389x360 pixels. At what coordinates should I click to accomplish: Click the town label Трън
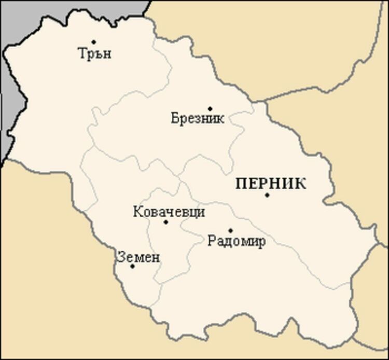pyautogui.click(x=94, y=53)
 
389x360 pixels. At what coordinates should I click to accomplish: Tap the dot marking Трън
pyautogui.click(x=94, y=41)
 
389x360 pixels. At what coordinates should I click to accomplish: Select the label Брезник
pyautogui.click(x=198, y=119)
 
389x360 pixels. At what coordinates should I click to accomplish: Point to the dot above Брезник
pyautogui.click(x=210, y=108)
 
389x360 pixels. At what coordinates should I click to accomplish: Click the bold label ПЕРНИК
pyautogui.click(x=270, y=184)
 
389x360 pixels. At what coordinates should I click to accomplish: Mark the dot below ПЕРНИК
pyautogui.click(x=267, y=195)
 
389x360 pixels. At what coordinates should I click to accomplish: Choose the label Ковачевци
pyautogui.click(x=169, y=212)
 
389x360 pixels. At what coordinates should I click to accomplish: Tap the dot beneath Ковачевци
pyautogui.click(x=166, y=222)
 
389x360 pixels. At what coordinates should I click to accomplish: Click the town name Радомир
pyautogui.click(x=236, y=241)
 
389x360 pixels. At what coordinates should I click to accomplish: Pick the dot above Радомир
pyautogui.click(x=230, y=230)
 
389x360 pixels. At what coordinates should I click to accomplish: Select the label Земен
pyautogui.click(x=138, y=257)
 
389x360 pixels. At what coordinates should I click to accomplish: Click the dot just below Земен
pyautogui.click(x=132, y=266)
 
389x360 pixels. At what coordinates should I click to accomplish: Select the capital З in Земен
pyautogui.click(x=121, y=257)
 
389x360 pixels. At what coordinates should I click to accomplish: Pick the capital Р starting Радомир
pyautogui.click(x=211, y=241)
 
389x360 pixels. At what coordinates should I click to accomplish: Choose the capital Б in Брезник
pyautogui.click(x=174, y=119)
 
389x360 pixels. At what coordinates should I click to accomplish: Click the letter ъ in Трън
pyautogui.click(x=98, y=54)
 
